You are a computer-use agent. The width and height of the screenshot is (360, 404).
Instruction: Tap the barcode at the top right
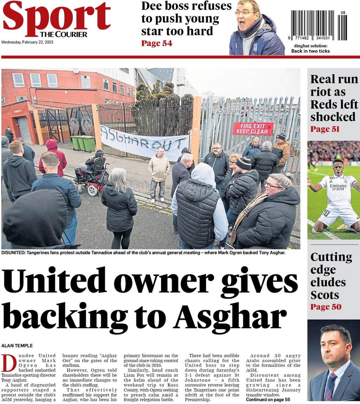click(x=319, y=25)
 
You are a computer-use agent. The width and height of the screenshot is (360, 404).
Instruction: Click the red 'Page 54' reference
click(x=156, y=43)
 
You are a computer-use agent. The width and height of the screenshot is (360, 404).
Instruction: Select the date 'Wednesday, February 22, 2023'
click(x=27, y=43)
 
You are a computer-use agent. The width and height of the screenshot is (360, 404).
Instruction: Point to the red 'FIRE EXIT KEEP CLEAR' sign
click(x=253, y=129)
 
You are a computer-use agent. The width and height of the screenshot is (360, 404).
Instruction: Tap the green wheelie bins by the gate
click(x=83, y=143)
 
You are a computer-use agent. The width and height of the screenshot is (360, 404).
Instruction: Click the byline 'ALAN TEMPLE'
click(x=17, y=346)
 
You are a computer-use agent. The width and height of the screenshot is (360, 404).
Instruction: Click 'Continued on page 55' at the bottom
click(x=268, y=400)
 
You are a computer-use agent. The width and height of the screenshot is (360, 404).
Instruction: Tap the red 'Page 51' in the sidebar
click(x=325, y=129)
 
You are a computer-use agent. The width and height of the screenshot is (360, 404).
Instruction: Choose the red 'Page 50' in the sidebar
click(x=326, y=307)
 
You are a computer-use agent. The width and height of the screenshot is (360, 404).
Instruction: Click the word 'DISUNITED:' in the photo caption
click(x=14, y=253)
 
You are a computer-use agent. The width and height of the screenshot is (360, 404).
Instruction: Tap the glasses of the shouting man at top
click(x=245, y=13)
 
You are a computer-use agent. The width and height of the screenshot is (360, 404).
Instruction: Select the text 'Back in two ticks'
click(x=310, y=51)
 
